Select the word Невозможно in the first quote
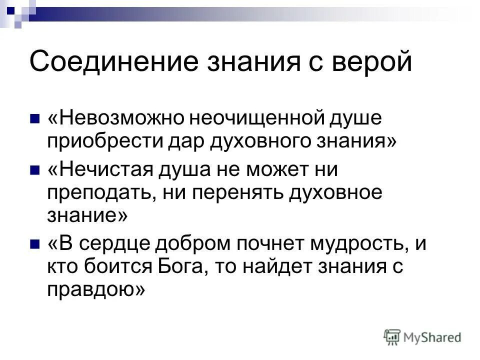(118, 120)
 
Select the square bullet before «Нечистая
(34, 170)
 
